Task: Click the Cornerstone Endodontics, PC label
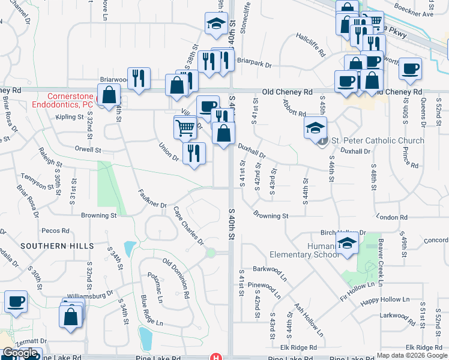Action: point(71,100)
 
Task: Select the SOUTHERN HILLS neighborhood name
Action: point(57,246)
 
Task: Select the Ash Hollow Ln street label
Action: point(308,319)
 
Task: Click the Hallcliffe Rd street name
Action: point(310,44)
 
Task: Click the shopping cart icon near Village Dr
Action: point(185,127)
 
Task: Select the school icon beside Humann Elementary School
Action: point(346,244)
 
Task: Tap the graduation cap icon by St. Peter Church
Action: point(315,127)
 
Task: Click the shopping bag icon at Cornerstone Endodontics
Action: point(109,95)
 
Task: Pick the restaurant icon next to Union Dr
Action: point(193,153)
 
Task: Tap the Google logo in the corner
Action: point(19,353)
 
